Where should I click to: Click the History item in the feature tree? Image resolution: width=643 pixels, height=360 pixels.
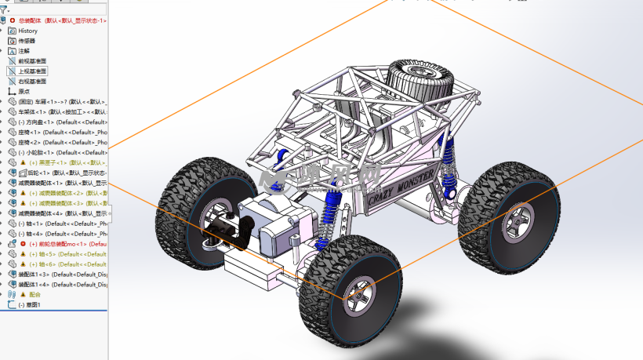click(x=27, y=31)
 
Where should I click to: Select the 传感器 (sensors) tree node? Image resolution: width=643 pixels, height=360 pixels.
click(x=27, y=41)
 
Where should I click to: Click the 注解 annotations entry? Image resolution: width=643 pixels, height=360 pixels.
click(x=24, y=51)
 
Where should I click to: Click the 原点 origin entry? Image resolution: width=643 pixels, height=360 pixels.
click(x=24, y=92)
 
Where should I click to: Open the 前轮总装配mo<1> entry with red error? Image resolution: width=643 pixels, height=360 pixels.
click(x=63, y=244)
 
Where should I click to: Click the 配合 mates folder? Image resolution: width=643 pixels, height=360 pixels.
click(x=34, y=295)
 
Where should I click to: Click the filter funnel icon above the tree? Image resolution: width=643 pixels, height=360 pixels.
click(x=4, y=10)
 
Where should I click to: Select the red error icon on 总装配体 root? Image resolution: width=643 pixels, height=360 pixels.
click(x=12, y=20)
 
